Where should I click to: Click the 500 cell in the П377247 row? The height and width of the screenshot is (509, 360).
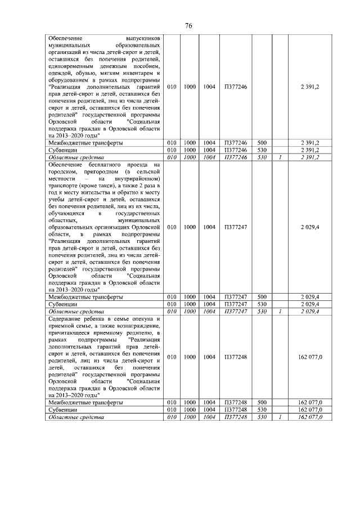(262, 297)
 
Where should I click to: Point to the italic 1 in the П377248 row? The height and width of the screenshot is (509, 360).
(280, 417)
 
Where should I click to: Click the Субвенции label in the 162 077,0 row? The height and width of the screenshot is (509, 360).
(62, 411)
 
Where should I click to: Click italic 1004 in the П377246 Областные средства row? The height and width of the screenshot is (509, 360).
(209, 157)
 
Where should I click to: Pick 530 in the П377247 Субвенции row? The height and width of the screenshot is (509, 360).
(262, 304)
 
